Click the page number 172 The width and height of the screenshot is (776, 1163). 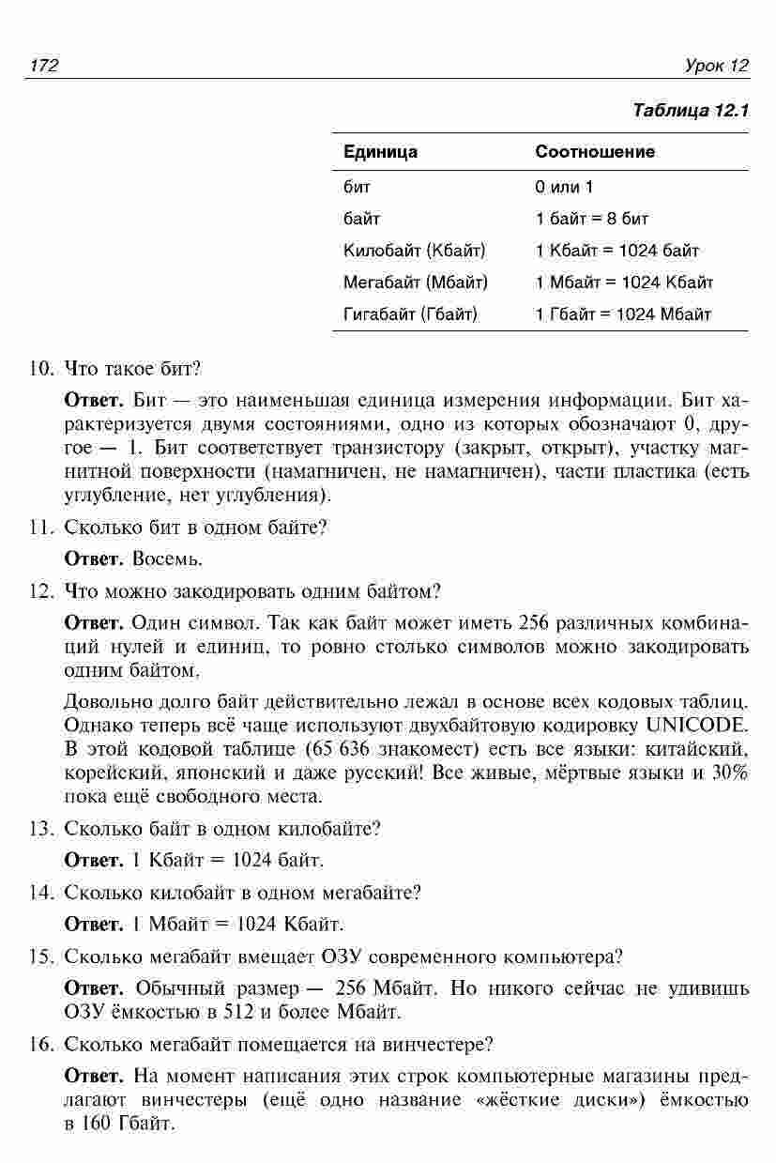(43, 66)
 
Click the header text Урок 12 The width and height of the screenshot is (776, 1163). (717, 66)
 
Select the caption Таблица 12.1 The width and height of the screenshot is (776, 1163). (691, 111)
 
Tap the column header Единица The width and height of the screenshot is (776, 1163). (380, 151)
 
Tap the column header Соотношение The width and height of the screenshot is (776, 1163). (595, 151)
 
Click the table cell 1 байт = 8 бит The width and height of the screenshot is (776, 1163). (591, 219)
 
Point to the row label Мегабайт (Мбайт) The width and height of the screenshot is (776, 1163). (415, 282)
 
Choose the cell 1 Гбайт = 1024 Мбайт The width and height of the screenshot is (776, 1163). (623, 314)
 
